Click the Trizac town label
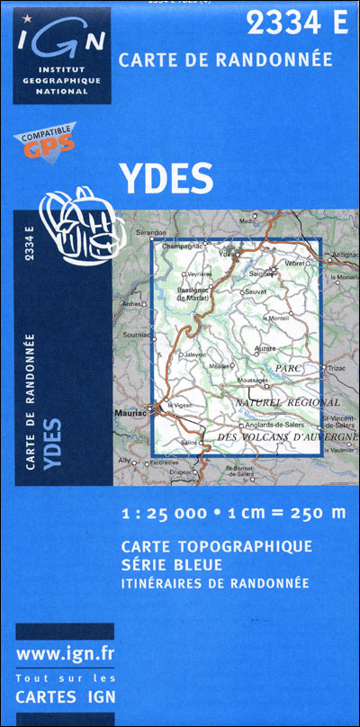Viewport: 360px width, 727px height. pyautogui.click(x=337, y=368)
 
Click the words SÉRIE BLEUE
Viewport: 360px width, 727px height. pyautogui.click(x=170, y=564)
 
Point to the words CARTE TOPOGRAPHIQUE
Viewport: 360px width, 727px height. pyautogui.click(x=216, y=546)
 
